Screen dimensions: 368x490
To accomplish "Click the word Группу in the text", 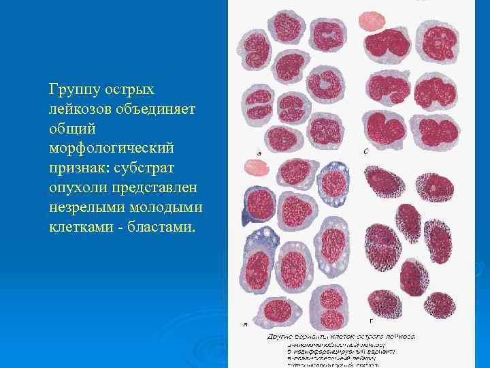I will coord(73,90).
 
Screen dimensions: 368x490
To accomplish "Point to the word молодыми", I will coord(165,205).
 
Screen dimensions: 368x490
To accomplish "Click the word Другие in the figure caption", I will coord(281,337).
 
